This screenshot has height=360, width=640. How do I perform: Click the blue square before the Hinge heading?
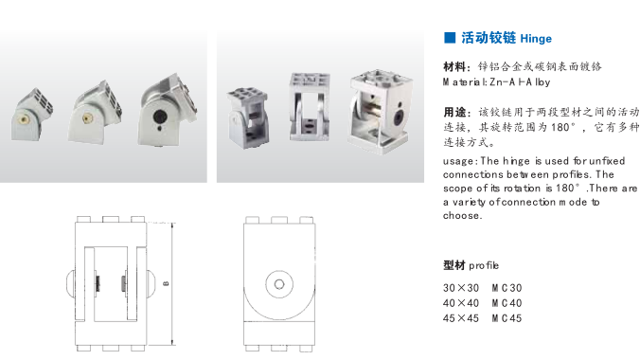(450, 38)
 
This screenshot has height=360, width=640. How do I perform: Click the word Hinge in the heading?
(536, 39)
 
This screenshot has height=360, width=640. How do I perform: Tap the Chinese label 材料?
(454, 66)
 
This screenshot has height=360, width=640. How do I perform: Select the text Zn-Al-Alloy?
(520, 82)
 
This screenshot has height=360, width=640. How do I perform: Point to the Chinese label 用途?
(454, 112)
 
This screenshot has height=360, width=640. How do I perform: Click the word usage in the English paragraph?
(458, 161)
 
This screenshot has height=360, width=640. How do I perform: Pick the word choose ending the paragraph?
(461, 215)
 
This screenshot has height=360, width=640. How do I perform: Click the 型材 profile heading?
(471, 265)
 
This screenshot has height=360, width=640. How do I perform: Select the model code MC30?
(507, 288)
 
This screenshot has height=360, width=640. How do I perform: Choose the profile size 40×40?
(461, 303)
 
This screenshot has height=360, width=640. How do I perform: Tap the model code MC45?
(507, 318)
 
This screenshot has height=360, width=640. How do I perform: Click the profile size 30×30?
(461, 288)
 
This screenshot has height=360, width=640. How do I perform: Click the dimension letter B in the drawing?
(166, 283)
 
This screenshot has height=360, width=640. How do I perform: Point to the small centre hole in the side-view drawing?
(279, 284)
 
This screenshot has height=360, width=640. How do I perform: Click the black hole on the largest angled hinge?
(159, 117)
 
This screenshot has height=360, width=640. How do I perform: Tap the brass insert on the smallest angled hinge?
(24, 119)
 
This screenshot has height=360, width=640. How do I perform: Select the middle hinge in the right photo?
(310, 107)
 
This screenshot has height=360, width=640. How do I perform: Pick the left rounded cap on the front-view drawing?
(70, 283)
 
